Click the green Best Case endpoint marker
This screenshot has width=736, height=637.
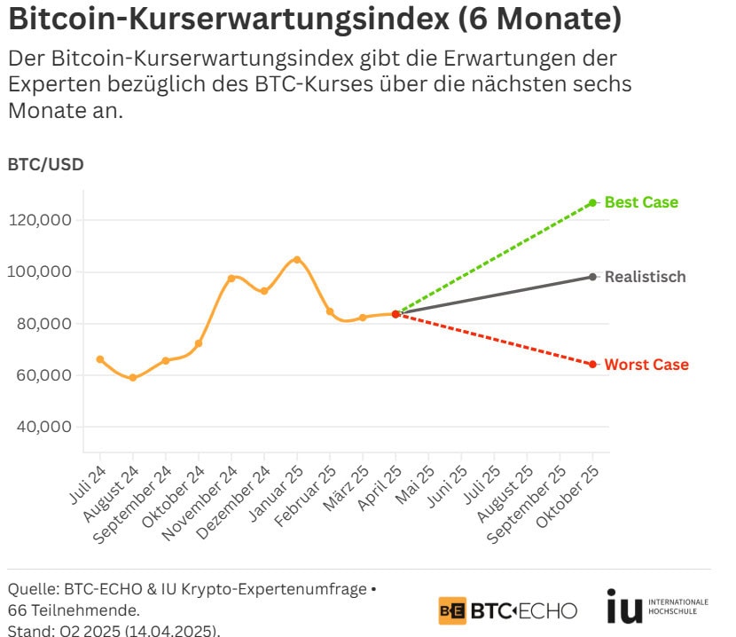(592, 202)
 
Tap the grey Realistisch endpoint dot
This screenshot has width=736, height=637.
(592, 277)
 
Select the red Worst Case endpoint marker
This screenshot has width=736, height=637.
(592, 365)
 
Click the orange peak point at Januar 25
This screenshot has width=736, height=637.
(297, 260)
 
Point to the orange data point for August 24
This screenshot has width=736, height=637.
(133, 377)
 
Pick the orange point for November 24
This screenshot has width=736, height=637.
(231, 279)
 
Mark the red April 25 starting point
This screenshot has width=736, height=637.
(395, 314)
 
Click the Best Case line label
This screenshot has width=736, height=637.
(641, 202)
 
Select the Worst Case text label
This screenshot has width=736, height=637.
(646, 365)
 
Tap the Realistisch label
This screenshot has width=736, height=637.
(645, 277)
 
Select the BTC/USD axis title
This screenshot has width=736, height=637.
(45, 164)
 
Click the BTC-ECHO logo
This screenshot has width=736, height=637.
(507, 610)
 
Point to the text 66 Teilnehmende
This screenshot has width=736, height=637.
(73, 610)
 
